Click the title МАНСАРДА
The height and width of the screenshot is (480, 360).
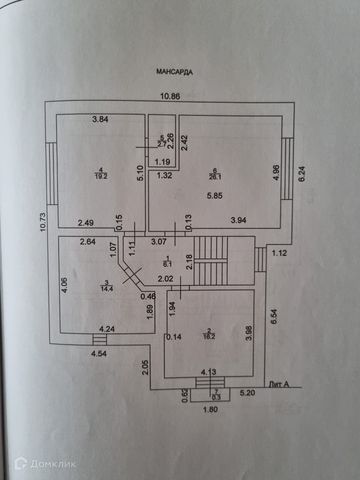[x=174, y=72]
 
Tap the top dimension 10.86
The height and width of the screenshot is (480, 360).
[x=170, y=96]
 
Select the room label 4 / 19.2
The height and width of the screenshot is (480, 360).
[x=101, y=175]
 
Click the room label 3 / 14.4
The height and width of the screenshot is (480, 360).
[x=106, y=285]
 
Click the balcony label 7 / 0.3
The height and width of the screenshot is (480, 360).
[x=216, y=395]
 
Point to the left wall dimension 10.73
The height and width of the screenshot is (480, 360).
[x=43, y=223]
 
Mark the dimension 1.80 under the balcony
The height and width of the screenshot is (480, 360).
[x=210, y=409]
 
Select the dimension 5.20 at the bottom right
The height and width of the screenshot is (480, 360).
[x=247, y=393]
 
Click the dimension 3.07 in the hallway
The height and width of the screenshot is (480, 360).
[x=159, y=241]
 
